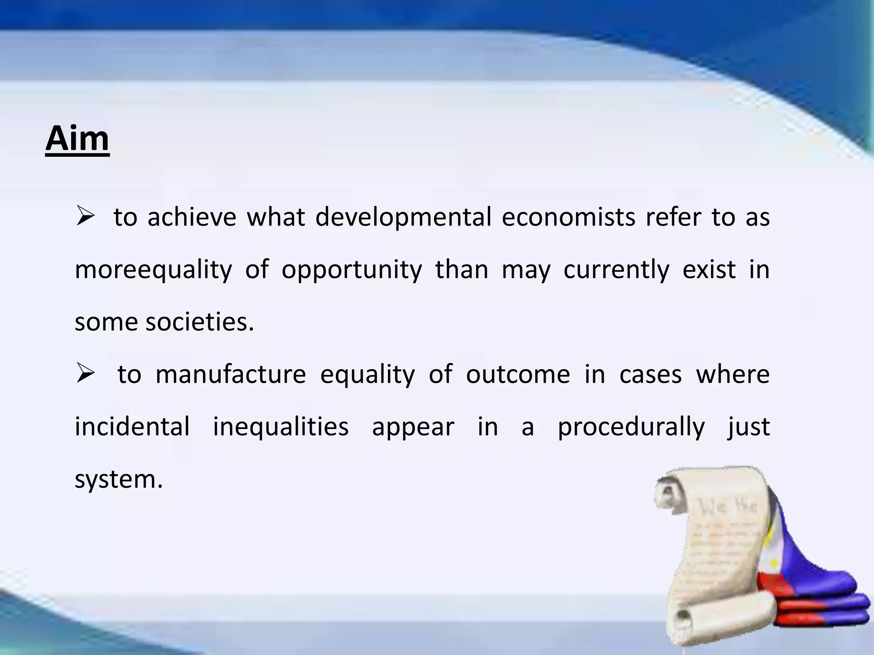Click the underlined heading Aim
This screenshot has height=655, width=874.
pos(77,139)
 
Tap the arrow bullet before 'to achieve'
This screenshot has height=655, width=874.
pos(85,216)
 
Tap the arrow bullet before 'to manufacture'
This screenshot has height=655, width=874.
pos(85,374)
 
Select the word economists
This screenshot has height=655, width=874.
pos(568,217)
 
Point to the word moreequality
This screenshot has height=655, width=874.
pos(153,270)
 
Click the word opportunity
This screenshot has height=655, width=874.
pos(352,270)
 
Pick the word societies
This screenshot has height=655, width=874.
pos(200,322)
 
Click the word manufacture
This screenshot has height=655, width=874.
pos(230,374)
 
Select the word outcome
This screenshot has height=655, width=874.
pos(518,374)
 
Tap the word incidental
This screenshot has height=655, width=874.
pos(132,427)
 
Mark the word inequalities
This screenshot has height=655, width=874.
pos(281,427)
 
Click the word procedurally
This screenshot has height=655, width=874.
pos(631,427)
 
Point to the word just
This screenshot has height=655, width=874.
pos(749,427)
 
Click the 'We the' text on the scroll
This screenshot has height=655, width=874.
pos(728,507)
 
